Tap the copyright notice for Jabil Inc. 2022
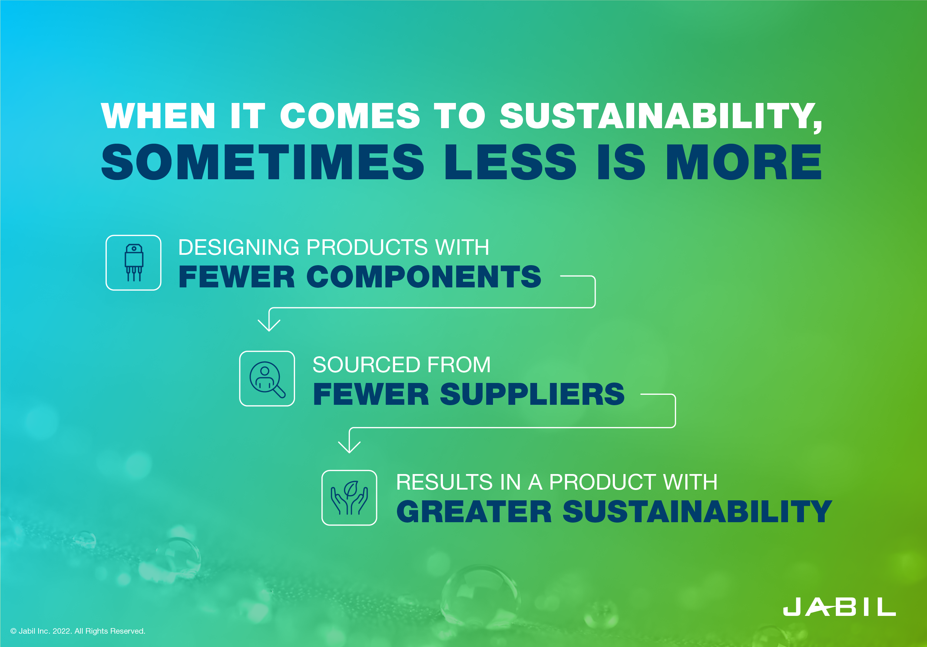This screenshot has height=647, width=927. pos(77,631)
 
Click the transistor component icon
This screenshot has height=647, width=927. pos(134,263)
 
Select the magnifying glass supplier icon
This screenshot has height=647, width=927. pos(267,378)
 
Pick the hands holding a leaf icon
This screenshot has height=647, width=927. pos(349,497)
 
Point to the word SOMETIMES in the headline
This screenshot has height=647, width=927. pos(262,162)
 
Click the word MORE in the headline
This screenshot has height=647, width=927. pos(743,162)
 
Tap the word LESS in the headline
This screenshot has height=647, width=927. pos(510,162)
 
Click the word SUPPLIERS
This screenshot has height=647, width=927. pos(532,394)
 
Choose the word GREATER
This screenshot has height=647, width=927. pos(474,511)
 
